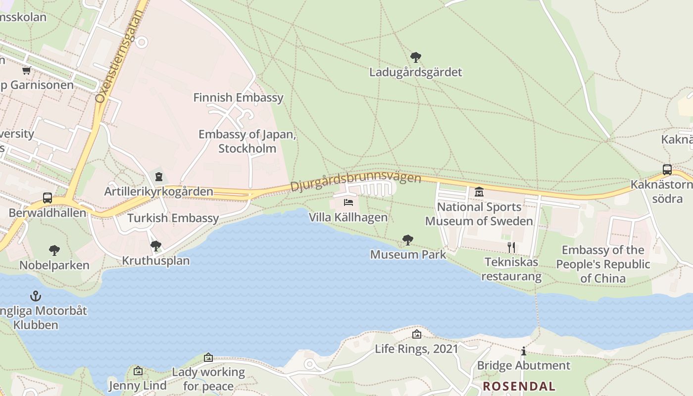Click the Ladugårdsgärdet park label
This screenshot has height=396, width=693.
(x=415, y=72)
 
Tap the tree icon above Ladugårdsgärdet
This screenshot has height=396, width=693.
(x=415, y=57)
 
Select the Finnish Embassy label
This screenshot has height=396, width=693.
(x=238, y=98)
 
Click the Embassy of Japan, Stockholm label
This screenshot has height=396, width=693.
(x=247, y=141)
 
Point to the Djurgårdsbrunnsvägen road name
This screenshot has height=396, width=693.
(x=355, y=181)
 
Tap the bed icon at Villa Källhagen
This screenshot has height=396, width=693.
(x=348, y=202)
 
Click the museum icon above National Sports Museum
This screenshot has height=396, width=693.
(x=479, y=192)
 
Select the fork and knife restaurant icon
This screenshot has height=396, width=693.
(x=511, y=247)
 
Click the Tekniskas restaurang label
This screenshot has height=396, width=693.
(x=511, y=269)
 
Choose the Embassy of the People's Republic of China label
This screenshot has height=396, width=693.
(x=603, y=264)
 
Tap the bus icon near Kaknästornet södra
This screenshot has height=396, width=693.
(x=667, y=170)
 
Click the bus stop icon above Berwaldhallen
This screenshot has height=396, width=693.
(x=48, y=198)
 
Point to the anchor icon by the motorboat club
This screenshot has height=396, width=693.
(x=36, y=296)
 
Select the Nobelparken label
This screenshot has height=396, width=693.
(x=54, y=265)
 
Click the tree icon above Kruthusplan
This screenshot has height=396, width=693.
(x=156, y=246)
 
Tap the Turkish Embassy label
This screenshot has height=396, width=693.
(x=173, y=218)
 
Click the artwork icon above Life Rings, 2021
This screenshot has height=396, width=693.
(x=417, y=334)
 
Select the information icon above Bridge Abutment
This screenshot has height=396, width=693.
(x=523, y=351)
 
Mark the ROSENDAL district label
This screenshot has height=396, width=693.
(x=519, y=386)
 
